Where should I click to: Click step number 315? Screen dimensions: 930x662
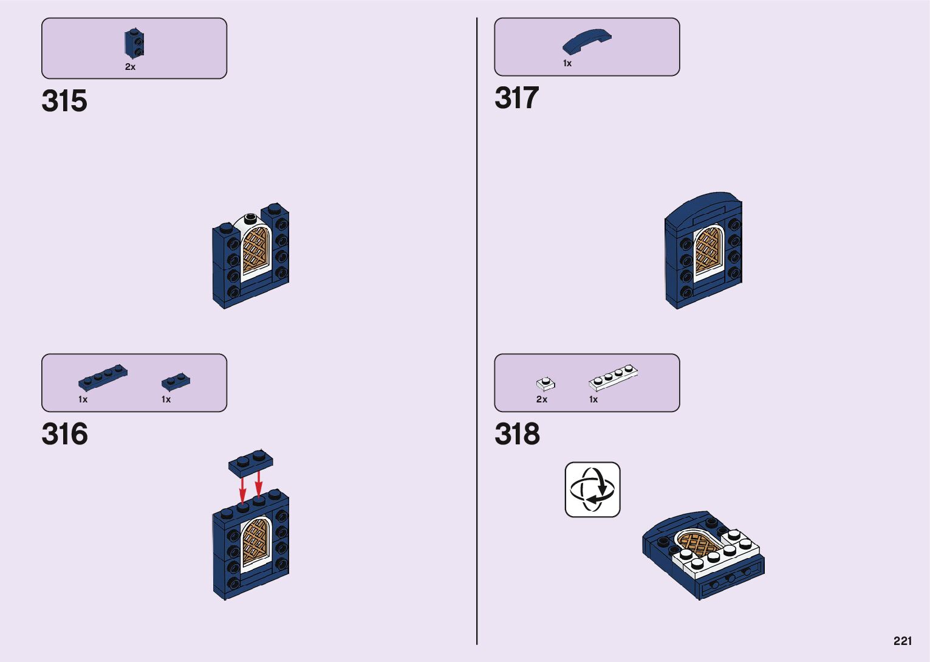tap(64, 101)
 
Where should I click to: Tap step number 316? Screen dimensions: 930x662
tap(64, 434)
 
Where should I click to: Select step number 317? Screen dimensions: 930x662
tap(516, 98)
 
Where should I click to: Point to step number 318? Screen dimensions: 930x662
tap(517, 434)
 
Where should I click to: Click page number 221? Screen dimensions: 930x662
tap(903, 641)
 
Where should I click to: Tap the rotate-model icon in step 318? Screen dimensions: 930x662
tap(592, 489)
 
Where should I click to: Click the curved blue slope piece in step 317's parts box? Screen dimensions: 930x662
tap(586, 41)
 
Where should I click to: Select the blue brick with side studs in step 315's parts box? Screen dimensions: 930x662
tap(134, 43)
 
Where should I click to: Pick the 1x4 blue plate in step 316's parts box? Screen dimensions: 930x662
tap(103, 377)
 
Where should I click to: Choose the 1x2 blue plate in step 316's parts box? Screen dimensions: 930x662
tap(176, 381)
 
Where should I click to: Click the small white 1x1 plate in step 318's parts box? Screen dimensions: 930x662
tap(545, 384)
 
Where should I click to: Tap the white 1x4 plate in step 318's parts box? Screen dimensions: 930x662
tap(613, 378)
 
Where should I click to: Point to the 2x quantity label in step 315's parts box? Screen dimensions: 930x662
tap(130, 67)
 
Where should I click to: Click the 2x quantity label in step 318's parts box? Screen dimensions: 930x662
tap(542, 399)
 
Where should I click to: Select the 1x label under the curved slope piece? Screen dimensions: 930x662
tap(567, 63)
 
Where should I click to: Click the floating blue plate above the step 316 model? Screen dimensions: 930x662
tap(250, 462)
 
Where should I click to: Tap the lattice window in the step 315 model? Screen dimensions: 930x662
tap(255, 250)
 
